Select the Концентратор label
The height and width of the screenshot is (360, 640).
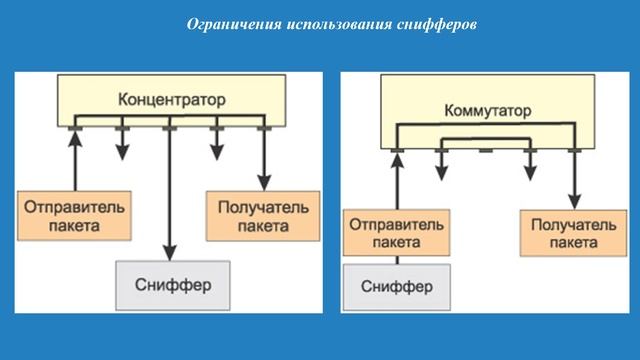[172, 100]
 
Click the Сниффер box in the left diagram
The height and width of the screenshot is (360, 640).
[173, 281]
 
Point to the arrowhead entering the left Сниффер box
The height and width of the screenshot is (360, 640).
[169, 253]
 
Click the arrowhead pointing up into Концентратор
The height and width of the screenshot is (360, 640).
[74, 137]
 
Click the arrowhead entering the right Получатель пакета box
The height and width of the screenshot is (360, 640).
[575, 204]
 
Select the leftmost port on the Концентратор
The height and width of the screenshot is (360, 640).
[74, 128]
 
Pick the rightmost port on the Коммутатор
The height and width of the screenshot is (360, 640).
[574, 151]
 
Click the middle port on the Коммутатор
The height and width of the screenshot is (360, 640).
[486, 151]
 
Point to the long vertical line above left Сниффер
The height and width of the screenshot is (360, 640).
[169, 190]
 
